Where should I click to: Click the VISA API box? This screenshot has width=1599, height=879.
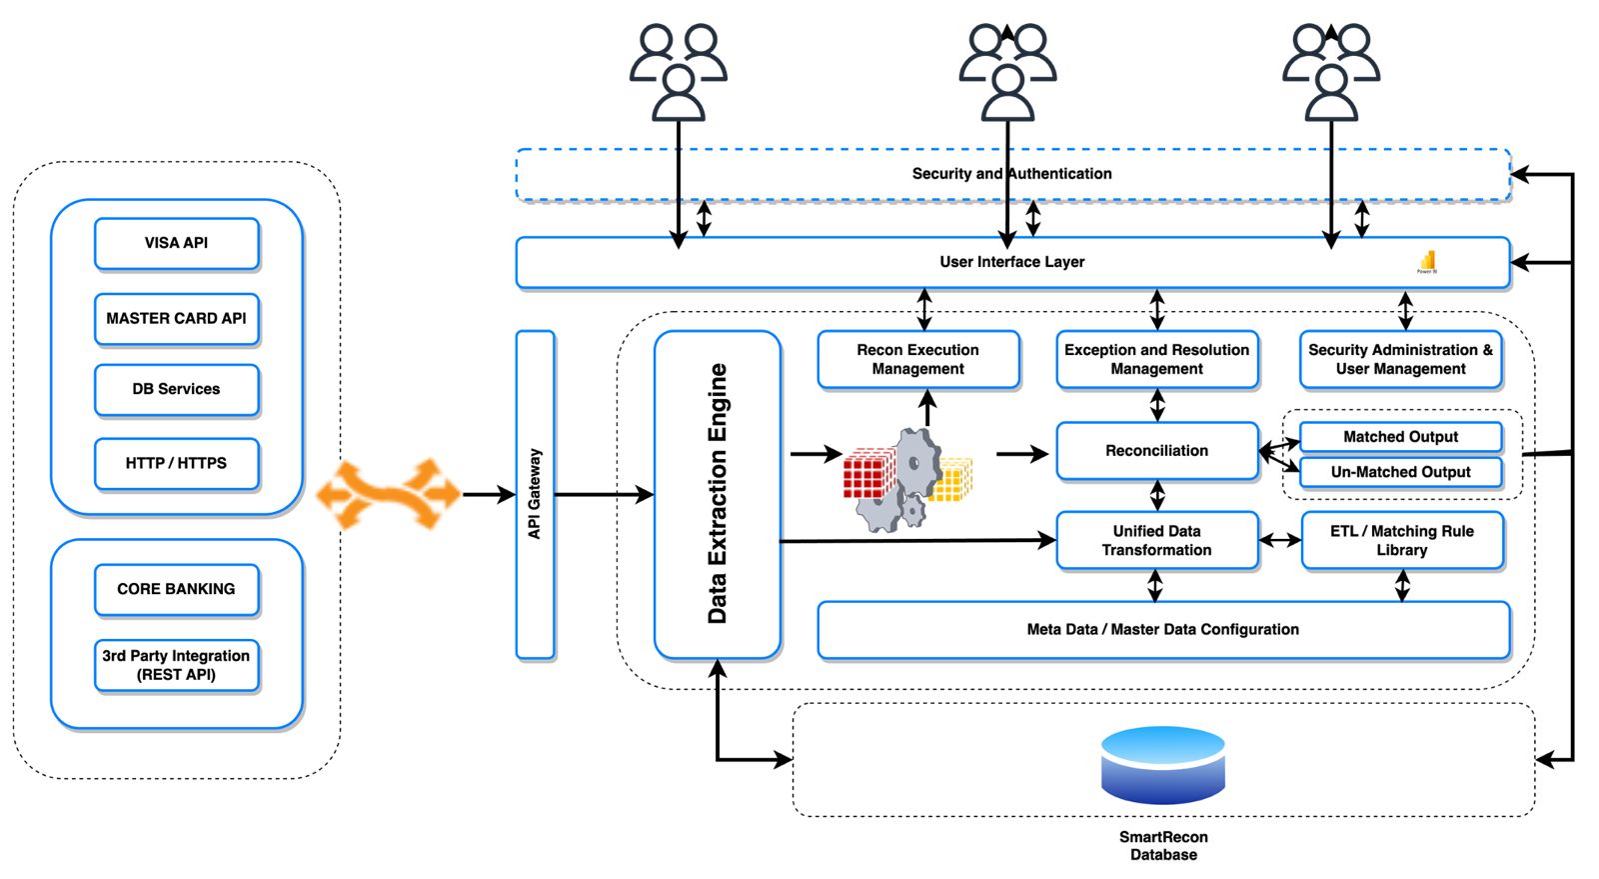pyautogui.click(x=177, y=243)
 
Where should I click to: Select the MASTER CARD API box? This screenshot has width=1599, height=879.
pyautogui.click(x=177, y=318)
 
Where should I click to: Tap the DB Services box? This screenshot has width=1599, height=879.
pyautogui.click(x=177, y=389)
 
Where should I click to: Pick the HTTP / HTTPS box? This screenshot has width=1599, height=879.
pyautogui.click(x=177, y=463)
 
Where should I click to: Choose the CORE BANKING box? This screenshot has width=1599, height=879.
pyautogui.click(x=177, y=589)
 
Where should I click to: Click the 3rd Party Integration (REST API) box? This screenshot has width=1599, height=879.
pyautogui.click(x=177, y=665)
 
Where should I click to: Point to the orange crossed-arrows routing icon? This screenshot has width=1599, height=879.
pyautogui.click(x=389, y=494)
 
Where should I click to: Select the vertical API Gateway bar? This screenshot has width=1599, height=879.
pyautogui.click(x=535, y=494)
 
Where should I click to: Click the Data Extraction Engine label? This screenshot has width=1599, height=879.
pyautogui.click(x=718, y=494)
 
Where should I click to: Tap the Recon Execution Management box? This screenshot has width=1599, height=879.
pyautogui.click(x=918, y=359)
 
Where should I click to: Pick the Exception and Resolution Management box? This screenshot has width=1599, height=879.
pyautogui.click(x=1157, y=359)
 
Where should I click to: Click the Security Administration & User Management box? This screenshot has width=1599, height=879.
pyautogui.click(x=1401, y=359)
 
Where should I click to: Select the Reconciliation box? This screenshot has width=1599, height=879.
pyautogui.click(x=1157, y=451)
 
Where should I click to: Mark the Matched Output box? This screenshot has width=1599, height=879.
pyautogui.click(x=1401, y=437)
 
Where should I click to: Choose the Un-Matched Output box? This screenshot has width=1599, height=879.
pyautogui.click(x=1401, y=472)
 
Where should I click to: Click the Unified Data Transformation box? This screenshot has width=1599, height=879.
pyautogui.click(x=1157, y=540)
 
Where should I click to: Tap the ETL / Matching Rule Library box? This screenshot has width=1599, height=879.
pyautogui.click(x=1402, y=540)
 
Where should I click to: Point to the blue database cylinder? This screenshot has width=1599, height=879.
pyautogui.click(x=1163, y=765)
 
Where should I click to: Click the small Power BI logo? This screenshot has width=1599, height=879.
pyautogui.click(x=1427, y=262)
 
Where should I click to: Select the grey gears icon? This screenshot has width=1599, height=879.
pyautogui.click(x=903, y=480)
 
